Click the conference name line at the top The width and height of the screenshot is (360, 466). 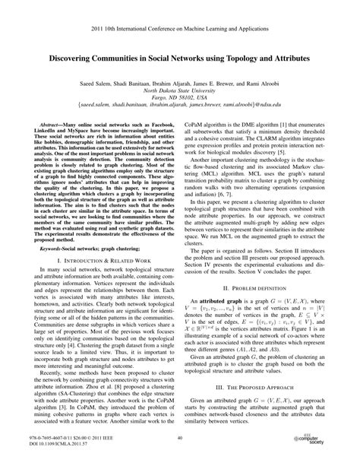tap(179, 23)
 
